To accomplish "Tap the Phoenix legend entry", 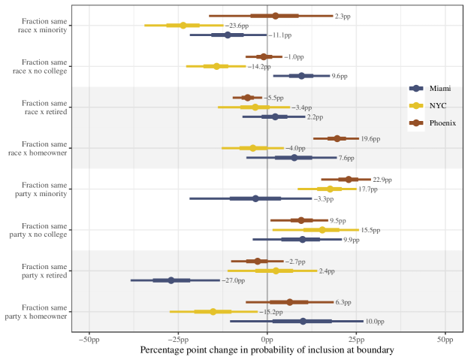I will (x=432, y=123).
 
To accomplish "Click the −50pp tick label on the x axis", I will (x=89, y=339).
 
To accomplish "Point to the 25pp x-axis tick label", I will (x=356, y=339).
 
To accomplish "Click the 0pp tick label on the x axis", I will (x=267, y=339).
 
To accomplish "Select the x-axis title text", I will (x=267, y=350).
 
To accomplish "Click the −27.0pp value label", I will (x=234, y=281).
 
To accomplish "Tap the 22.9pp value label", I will (x=382, y=180).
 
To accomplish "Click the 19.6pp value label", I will (x=370, y=139).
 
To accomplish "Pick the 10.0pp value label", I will (x=375, y=322).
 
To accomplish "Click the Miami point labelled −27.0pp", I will (x=171, y=280).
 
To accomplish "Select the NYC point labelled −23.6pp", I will (x=183, y=26).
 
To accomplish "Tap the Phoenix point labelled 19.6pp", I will (x=337, y=138).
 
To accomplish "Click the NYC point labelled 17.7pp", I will (x=330, y=189).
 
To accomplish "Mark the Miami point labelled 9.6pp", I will (x=302, y=76).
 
